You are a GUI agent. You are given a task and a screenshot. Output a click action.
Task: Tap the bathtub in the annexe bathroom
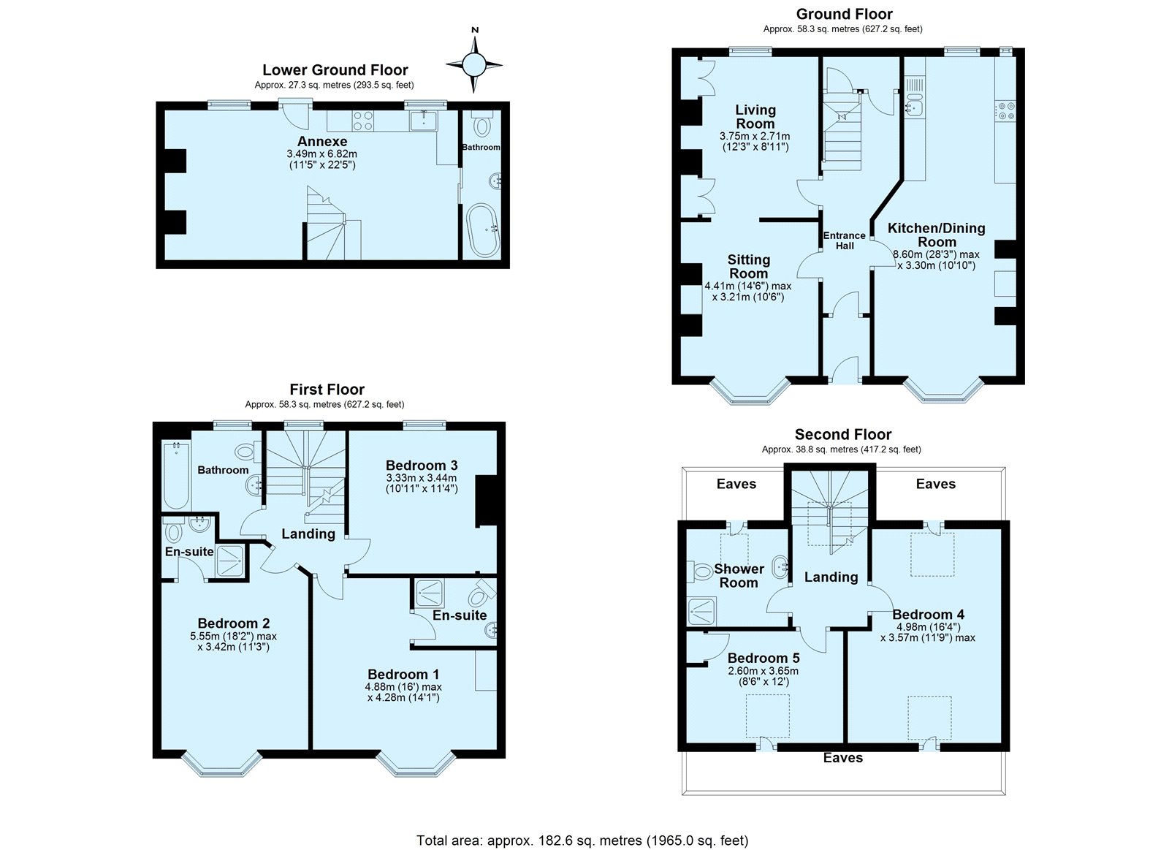pos(483,230)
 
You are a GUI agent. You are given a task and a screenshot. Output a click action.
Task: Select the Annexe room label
pos(322,142)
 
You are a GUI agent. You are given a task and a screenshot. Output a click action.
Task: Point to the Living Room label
pos(755,117)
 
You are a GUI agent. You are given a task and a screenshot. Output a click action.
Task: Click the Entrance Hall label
pos(845,240)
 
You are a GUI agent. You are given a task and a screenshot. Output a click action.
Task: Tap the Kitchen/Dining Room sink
pos(914,107)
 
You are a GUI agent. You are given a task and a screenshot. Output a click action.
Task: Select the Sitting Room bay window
pos(750,390)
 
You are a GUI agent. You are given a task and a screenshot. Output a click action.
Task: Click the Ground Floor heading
pos(844,14)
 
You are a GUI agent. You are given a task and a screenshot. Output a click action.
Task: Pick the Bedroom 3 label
pos(422,466)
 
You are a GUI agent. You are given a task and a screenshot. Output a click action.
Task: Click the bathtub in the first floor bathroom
pos(176,475)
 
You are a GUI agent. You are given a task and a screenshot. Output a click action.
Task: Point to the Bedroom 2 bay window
pos(222,763)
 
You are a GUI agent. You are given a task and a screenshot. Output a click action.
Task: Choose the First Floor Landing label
pos(308,534)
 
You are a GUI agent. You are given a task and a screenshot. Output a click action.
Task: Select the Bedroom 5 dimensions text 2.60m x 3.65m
pos(763,671)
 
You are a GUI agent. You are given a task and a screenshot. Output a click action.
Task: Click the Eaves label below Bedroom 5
pos(843,758)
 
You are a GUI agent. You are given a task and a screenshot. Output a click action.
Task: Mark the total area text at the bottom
pos(582,826)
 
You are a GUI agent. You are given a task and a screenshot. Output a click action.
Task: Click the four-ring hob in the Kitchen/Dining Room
pos(1005,110)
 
